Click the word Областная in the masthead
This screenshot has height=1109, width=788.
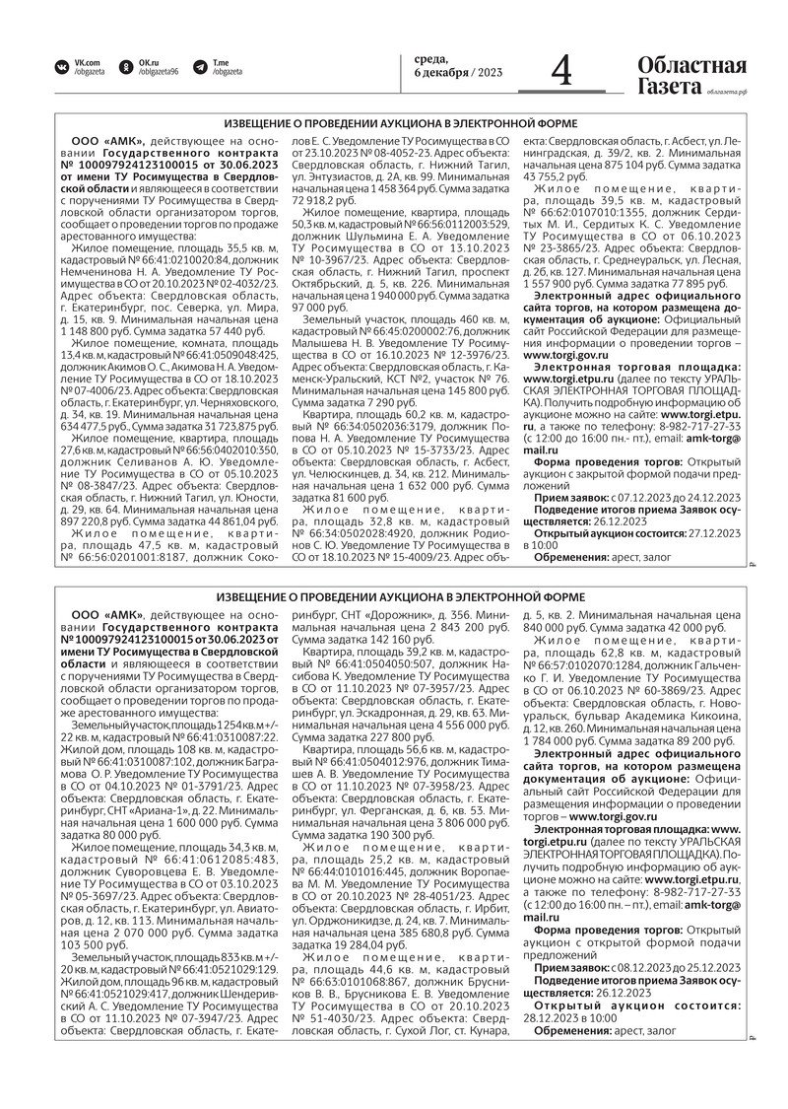[x=691, y=64]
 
